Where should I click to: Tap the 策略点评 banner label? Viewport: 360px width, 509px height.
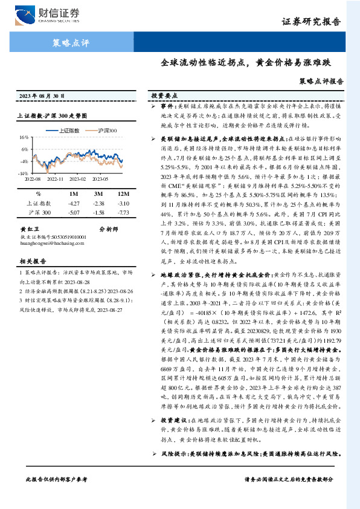point(68,43)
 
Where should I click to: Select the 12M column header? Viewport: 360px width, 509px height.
point(123,193)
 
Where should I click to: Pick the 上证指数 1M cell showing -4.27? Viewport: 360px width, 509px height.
point(74,204)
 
